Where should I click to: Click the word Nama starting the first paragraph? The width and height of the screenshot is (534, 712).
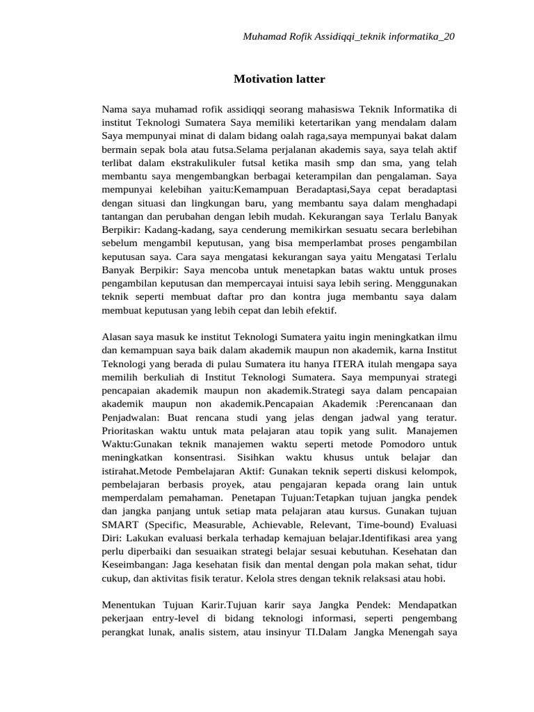(x=115, y=108)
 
